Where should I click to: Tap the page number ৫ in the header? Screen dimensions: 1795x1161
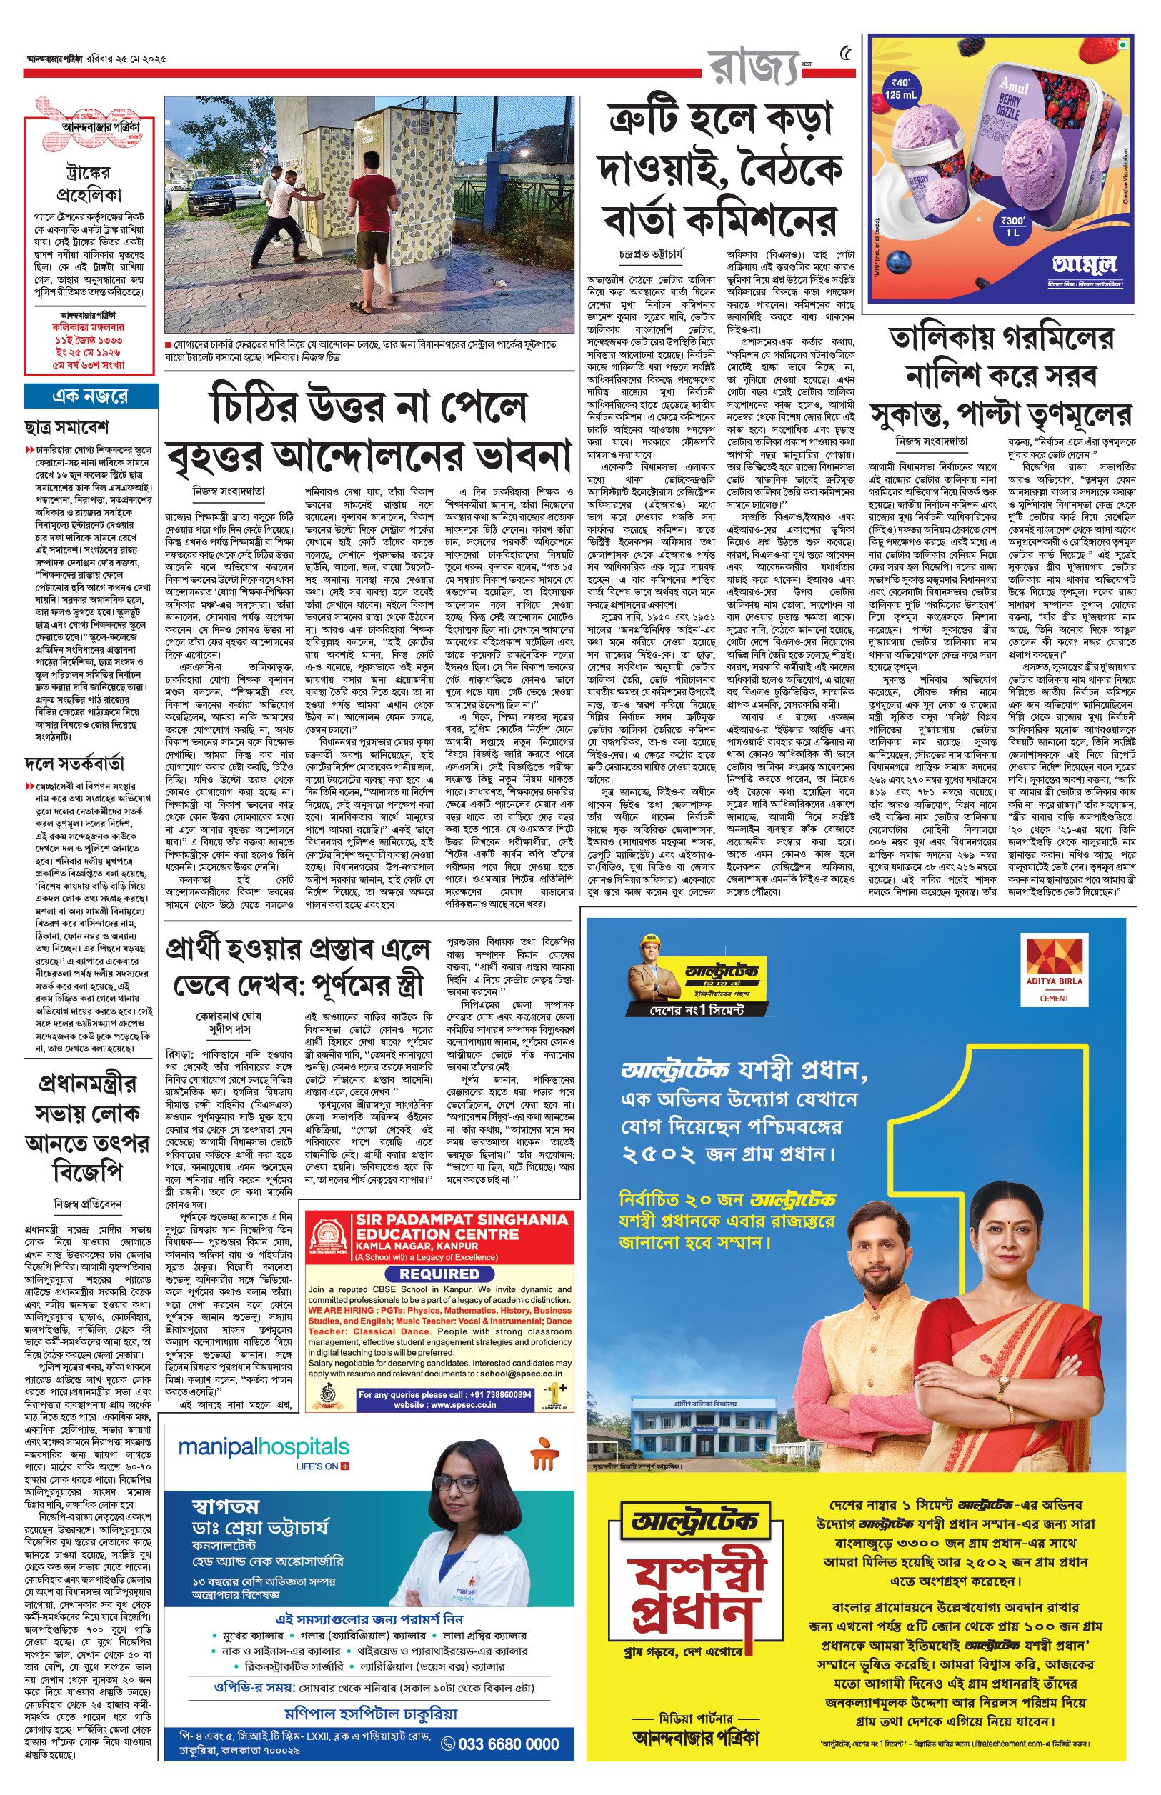(x=846, y=54)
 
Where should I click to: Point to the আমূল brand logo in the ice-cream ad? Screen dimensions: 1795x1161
(x=1084, y=264)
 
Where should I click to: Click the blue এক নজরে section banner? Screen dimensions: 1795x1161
(x=91, y=396)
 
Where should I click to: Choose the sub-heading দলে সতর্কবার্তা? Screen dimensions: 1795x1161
(x=74, y=764)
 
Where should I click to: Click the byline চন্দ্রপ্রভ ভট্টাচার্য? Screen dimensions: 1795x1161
(x=652, y=256)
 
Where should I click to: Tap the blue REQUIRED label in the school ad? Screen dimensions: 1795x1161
(x=439, y=1274)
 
